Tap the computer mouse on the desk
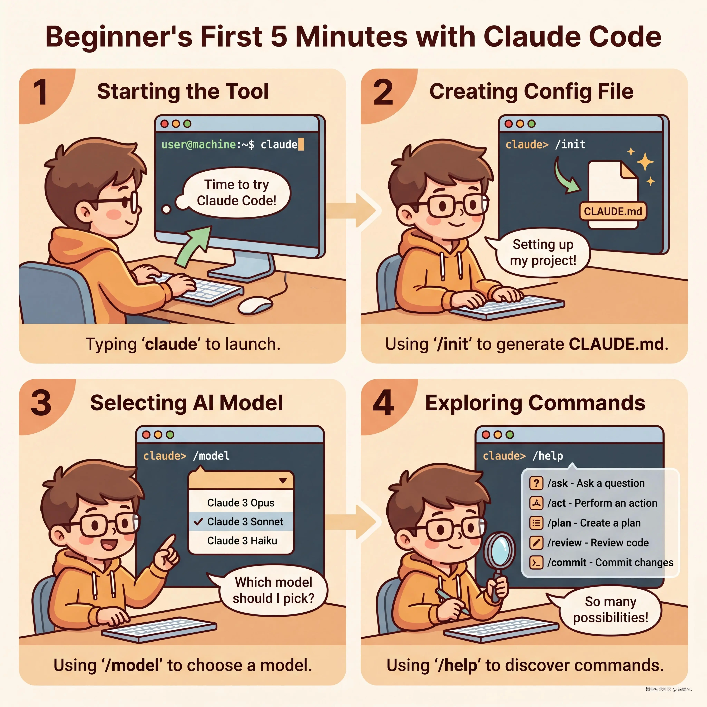[255, 305]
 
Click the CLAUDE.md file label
[613, 211]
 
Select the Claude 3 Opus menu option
[241, 503]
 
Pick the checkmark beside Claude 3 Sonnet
[198, 521]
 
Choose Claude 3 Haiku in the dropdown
[242, 540]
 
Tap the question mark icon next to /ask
[536, 483]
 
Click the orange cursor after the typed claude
[301, 144]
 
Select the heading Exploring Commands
[535, 403]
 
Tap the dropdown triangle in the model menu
[283, 481]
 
